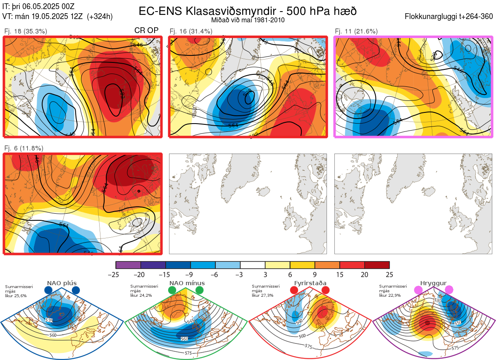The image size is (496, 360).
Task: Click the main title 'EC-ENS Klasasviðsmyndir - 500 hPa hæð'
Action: (248, 11)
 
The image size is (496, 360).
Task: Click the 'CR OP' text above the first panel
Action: (147, 31)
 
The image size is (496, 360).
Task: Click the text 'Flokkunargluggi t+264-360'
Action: (450, 17)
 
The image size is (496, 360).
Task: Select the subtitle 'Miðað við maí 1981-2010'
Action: (248, 20)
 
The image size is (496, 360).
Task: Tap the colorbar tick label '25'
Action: (389, 274)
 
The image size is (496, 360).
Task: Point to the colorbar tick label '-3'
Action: (240, 274)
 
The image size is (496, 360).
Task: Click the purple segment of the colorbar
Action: (128, 265)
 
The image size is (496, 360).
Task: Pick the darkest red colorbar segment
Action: (377, 265)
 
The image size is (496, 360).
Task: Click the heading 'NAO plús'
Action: (62, 283)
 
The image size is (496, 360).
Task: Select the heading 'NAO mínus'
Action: (187, 283)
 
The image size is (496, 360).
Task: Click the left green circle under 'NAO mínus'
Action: (172, 290)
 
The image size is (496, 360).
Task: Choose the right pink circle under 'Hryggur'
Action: (449, 290)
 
